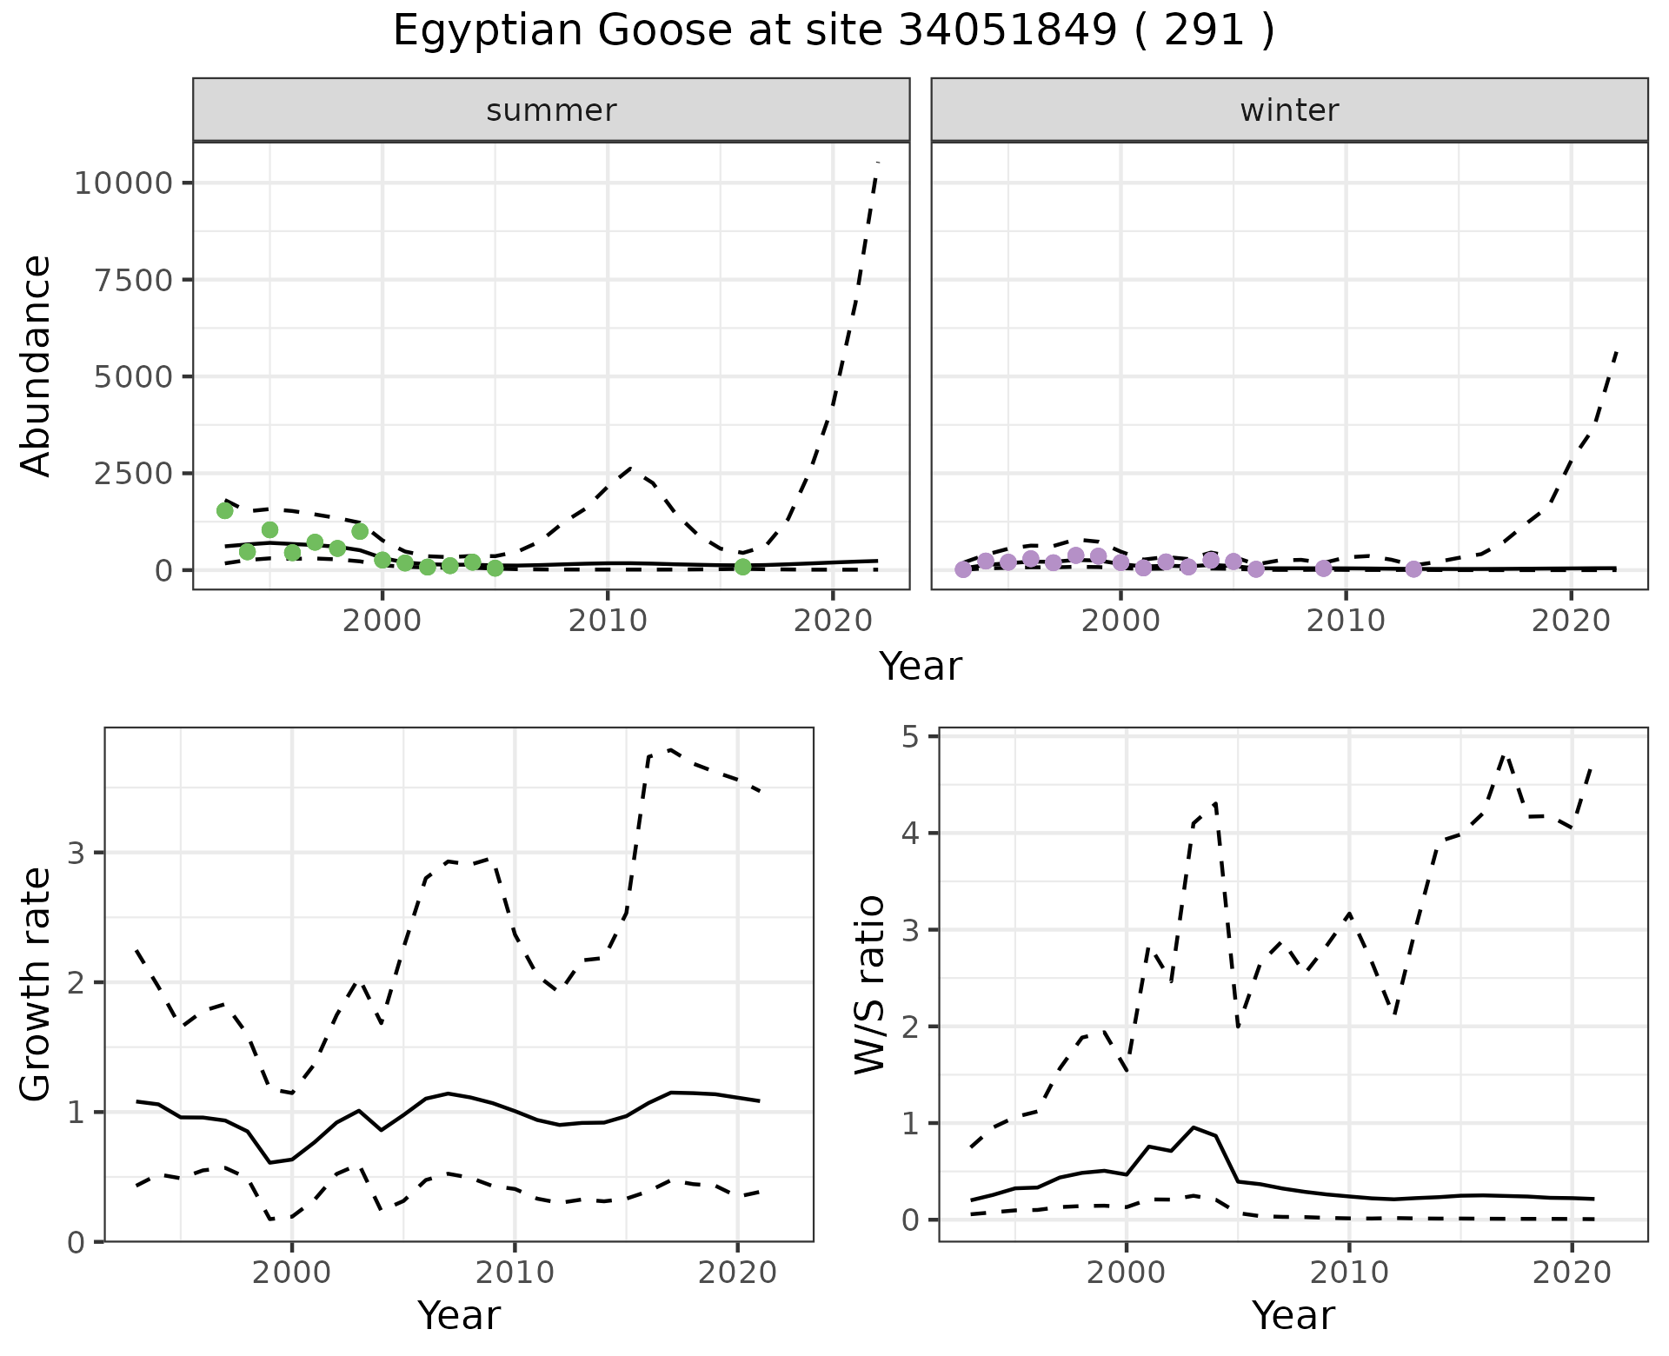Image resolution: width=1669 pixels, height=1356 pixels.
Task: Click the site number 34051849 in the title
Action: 1007,31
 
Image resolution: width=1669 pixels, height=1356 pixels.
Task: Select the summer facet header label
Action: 551,110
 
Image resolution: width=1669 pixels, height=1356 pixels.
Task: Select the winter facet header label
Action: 1289,110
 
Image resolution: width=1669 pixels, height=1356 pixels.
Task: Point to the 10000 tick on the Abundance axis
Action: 121,183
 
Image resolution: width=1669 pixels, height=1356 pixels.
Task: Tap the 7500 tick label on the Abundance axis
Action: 131,280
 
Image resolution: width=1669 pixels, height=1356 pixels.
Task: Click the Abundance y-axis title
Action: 37,365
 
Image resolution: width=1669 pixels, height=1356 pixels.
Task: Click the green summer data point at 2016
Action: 742,567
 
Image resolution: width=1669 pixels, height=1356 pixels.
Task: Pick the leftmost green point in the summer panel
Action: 224,510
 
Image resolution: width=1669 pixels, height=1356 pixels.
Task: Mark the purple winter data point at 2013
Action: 1413,568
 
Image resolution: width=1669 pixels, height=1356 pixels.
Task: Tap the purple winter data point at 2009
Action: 1323,568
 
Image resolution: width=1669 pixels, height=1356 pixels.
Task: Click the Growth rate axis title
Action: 37,984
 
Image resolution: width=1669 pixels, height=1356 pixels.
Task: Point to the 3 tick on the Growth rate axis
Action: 76,853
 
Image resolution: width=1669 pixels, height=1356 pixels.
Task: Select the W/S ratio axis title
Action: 869,984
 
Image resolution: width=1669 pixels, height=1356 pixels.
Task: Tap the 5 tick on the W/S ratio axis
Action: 911,737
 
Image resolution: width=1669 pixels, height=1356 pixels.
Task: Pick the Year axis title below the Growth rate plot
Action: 459,1315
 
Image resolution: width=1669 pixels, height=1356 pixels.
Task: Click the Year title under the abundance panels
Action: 921,667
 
